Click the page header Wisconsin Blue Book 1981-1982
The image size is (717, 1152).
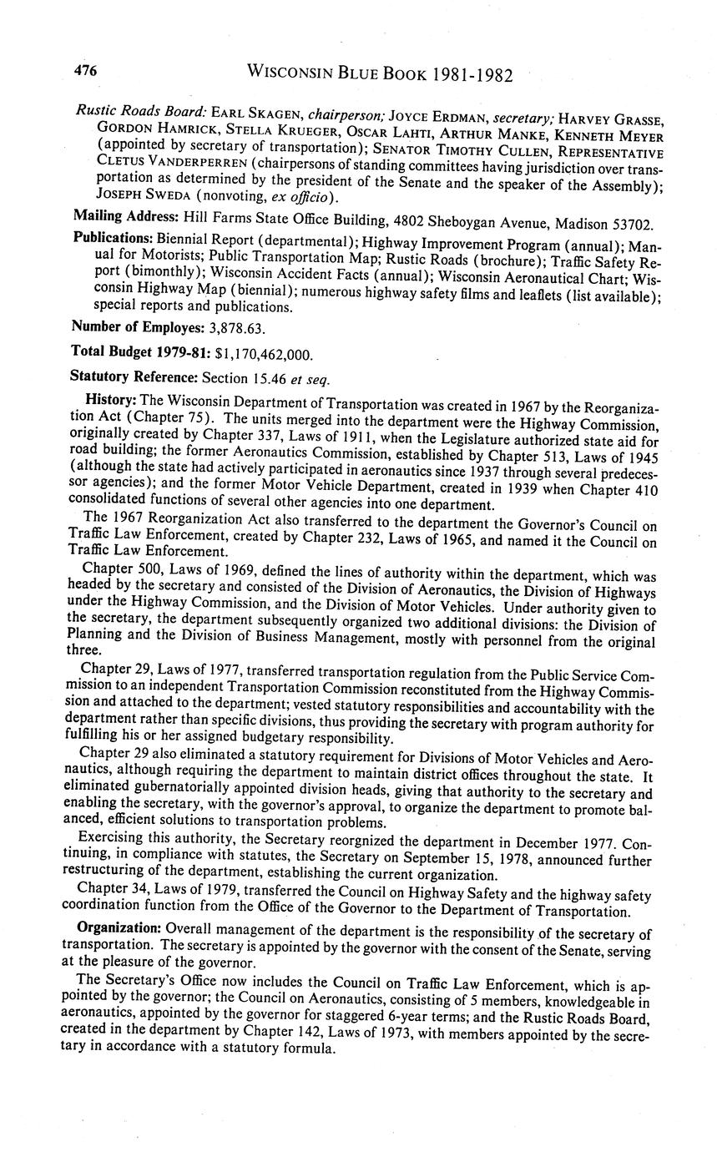[x=380, y=74]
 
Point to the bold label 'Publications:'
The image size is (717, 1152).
[x=112, y=239]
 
